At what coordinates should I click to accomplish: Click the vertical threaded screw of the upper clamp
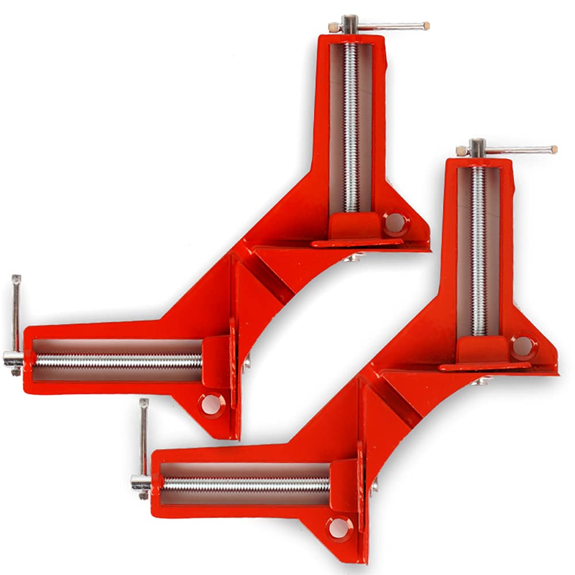pyautogui.click(x=350, y=126)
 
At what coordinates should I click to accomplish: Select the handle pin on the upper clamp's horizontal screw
pyautogui.click(x=16, y=322)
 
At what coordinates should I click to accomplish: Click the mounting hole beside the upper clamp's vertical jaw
pyautogui.click(x=394, y=221)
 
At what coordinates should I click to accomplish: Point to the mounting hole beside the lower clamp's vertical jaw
pyautogui.click(x=522, y=346)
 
